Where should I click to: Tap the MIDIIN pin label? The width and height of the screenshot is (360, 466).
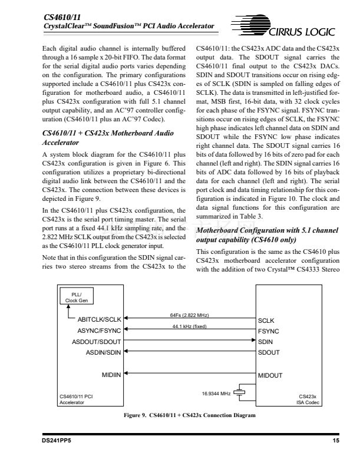[x=111, y=375]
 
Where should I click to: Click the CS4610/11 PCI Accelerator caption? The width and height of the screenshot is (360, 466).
[x=75, y=399]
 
